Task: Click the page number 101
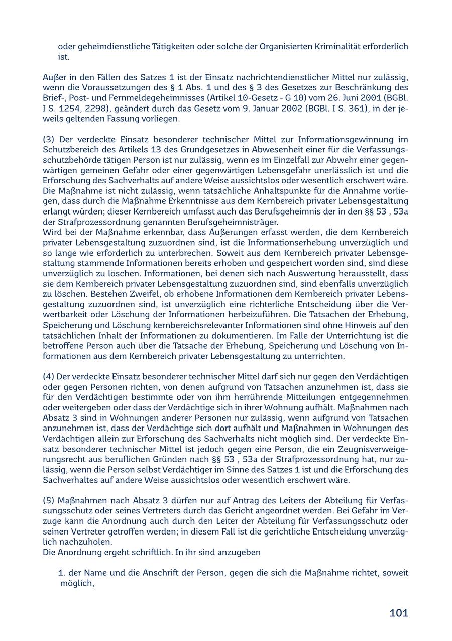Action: [399, 613]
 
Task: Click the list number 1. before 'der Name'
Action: [63, 573]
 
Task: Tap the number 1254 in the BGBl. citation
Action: [77, 109]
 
